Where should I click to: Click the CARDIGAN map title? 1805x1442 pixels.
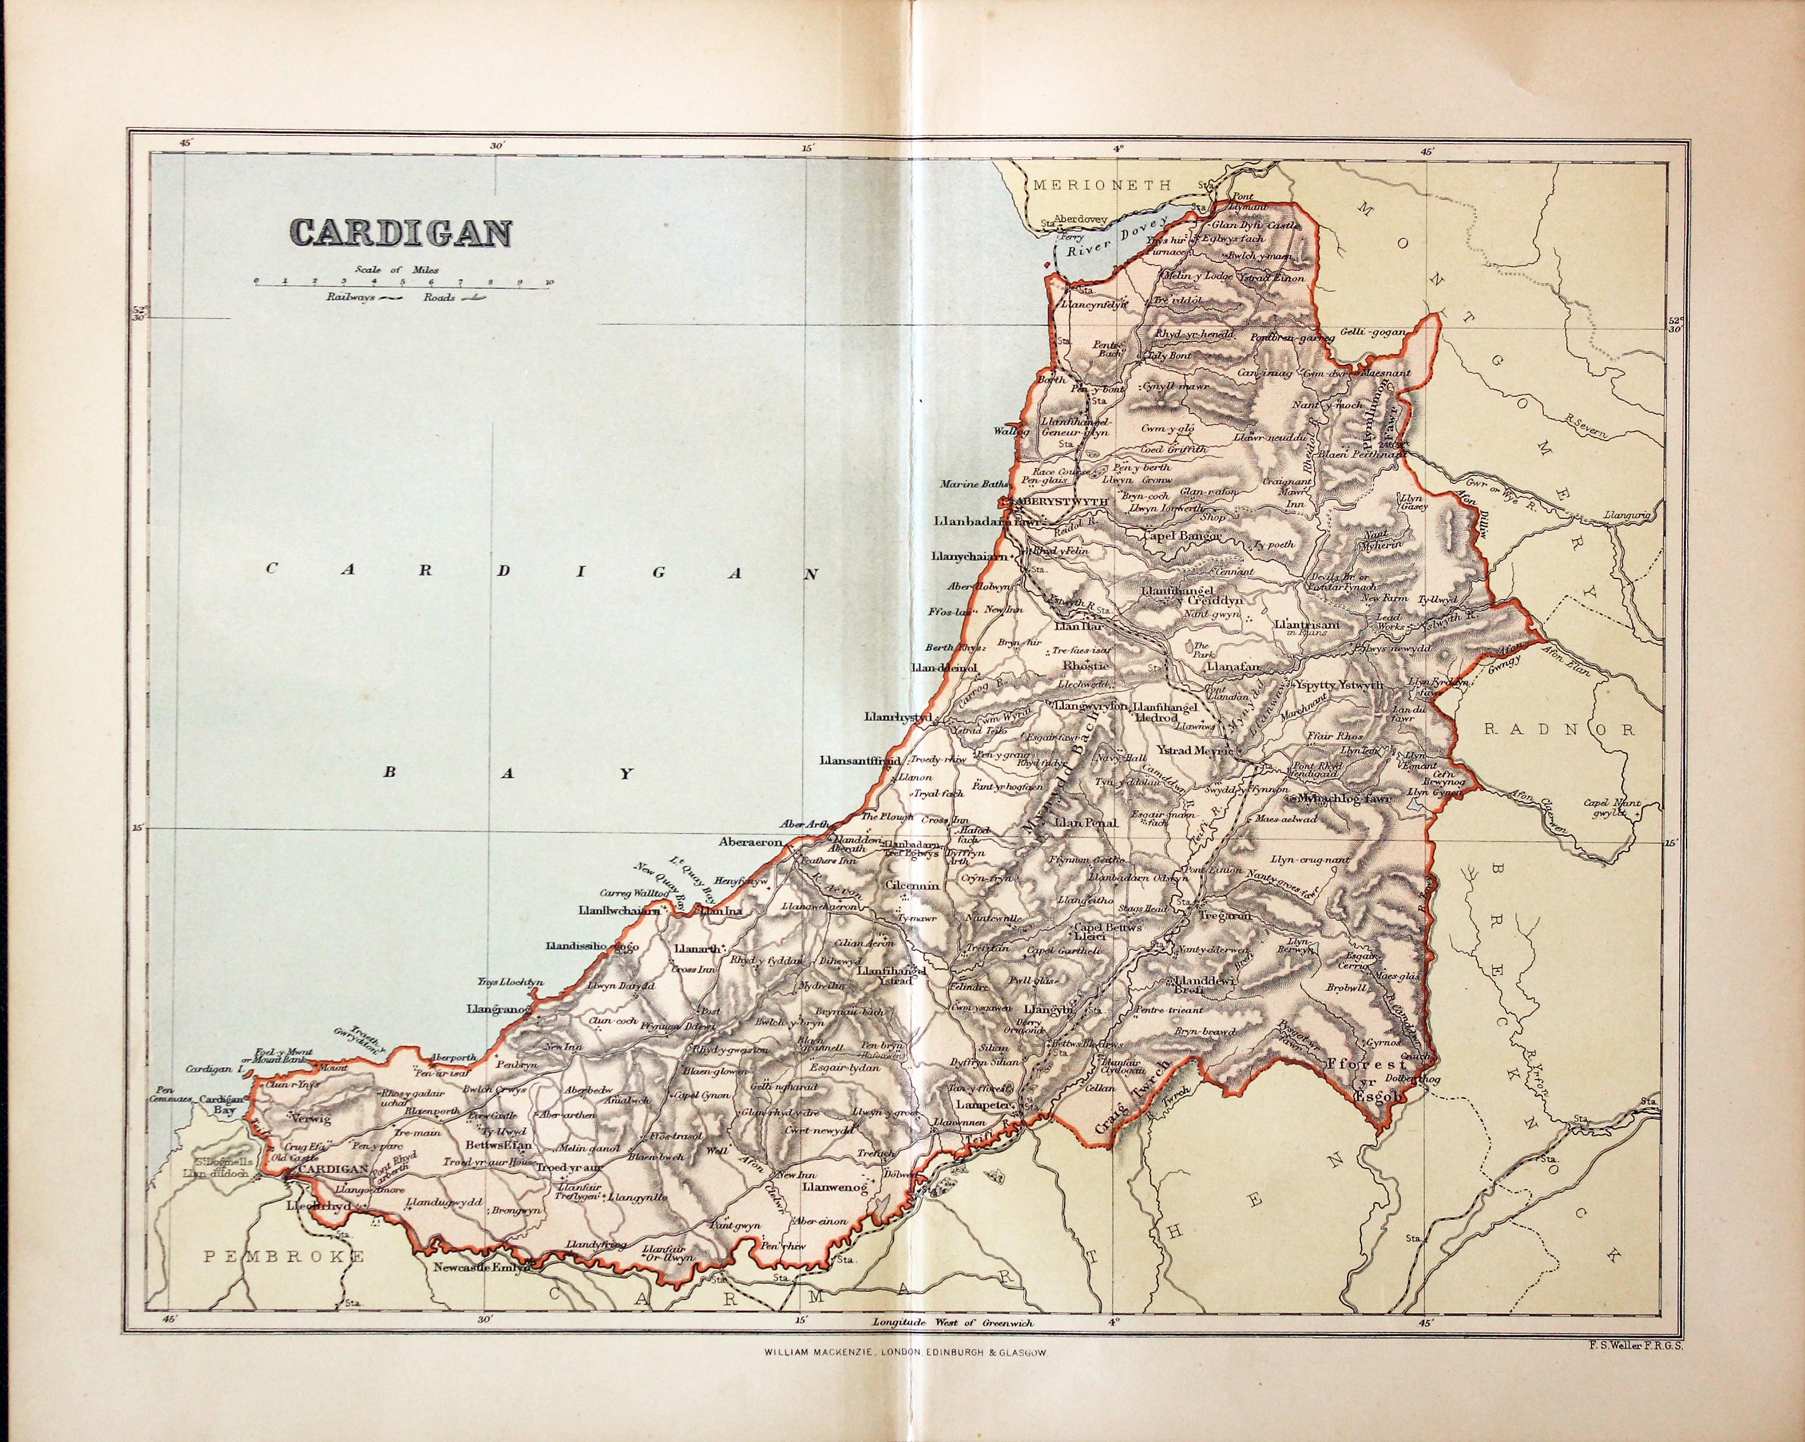pyautogui.click(x=400, y=233)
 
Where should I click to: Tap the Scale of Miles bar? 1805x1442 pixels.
pyautogui.click(x=403, y=285)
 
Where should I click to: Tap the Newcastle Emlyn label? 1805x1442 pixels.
pyautogui.click(x=481, y=1267)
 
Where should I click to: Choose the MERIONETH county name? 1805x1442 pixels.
pyautogui.click(x=1102, y=186)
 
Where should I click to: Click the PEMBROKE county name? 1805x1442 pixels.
pyautogui.click(x=285, y=1256)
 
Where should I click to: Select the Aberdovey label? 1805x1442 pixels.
pyautogui.click(x=1079, y=220)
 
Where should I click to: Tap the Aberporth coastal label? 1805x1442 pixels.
pyautogui.click(x=451, y=1057)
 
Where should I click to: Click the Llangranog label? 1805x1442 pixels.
pyautogui.click(x=499, y=1010)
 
